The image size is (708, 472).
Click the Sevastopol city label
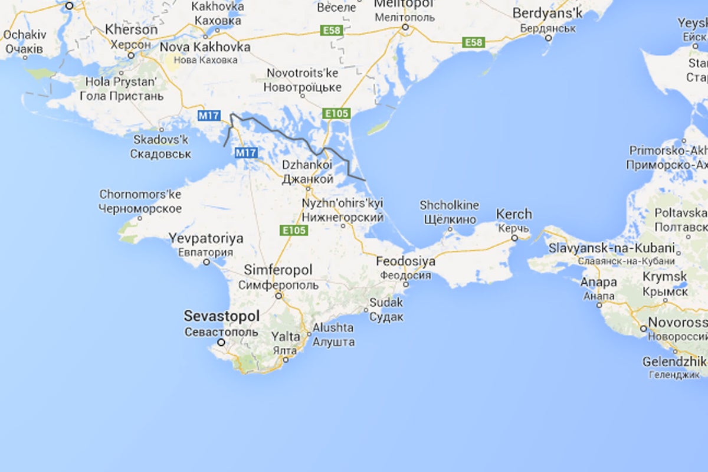point(221,316)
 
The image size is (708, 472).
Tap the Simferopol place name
point(278,271)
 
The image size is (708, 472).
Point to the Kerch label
point(514,214)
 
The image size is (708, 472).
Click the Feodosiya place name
point(407,261)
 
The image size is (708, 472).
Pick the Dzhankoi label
point(307,165)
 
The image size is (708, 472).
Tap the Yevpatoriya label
point(206,239)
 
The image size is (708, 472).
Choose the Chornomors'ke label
point(140,195)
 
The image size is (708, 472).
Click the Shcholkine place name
point(449,206)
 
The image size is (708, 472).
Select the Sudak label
point(386,303)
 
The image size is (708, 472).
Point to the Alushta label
point(333,328)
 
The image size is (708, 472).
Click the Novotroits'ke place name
point(303,74)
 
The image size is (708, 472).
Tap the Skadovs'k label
point(161,140)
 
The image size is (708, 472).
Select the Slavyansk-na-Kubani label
point(611,248)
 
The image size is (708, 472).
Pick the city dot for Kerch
point(514,238)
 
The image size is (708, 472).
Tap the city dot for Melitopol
point(405,27)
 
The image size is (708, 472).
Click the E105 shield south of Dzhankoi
point(294,230)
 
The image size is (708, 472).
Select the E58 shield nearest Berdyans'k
point(473,42)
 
